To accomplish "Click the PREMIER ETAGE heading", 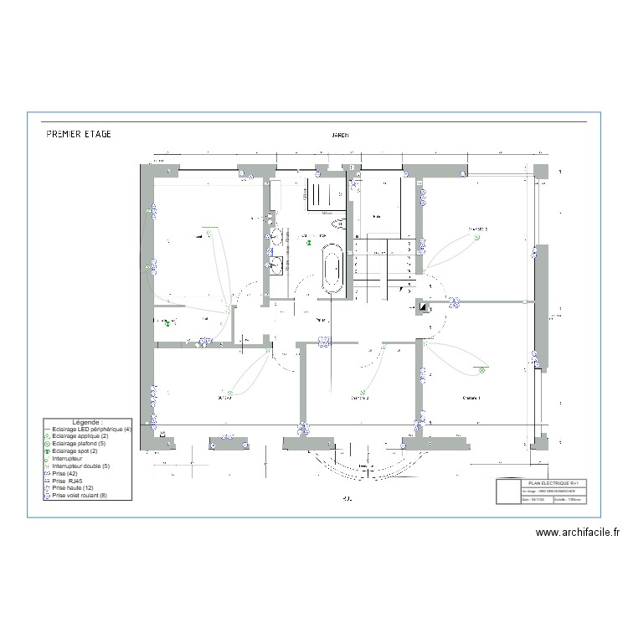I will click(x=78, y=134).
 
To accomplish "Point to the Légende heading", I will click(x=87, y=422).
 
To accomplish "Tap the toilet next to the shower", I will click(x=339, y=224).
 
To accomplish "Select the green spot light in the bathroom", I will click(x=309, y=243).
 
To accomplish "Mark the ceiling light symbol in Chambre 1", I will click(x=482, y=368).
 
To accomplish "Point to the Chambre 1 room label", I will click(x=471, y=399).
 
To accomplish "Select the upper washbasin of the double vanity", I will click(x=274, y=235).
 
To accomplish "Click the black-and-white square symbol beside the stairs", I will click(x=424, y=306).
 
